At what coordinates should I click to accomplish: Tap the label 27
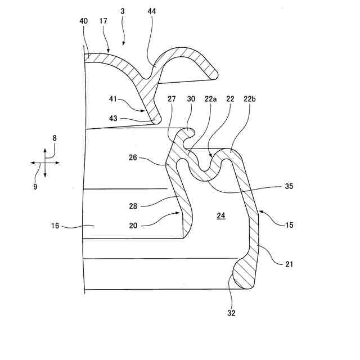click(172, 98)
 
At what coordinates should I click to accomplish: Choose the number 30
click(191, 98)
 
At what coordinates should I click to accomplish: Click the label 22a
click(211, 98)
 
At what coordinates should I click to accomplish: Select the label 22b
click(250, 98)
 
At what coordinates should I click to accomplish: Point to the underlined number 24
click(220, 215)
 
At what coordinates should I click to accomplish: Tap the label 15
click(290, 225)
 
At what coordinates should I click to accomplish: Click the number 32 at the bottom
click(231, 313)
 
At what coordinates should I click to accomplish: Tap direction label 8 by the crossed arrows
click(55, 137)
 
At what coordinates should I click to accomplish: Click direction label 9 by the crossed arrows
click(35, 186)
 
